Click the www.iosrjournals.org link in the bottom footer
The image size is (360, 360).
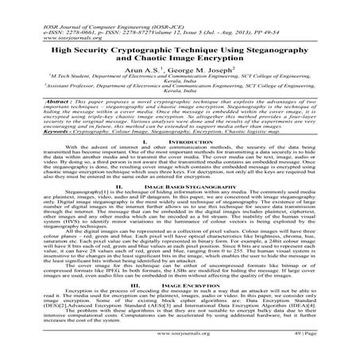pos(180,347)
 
